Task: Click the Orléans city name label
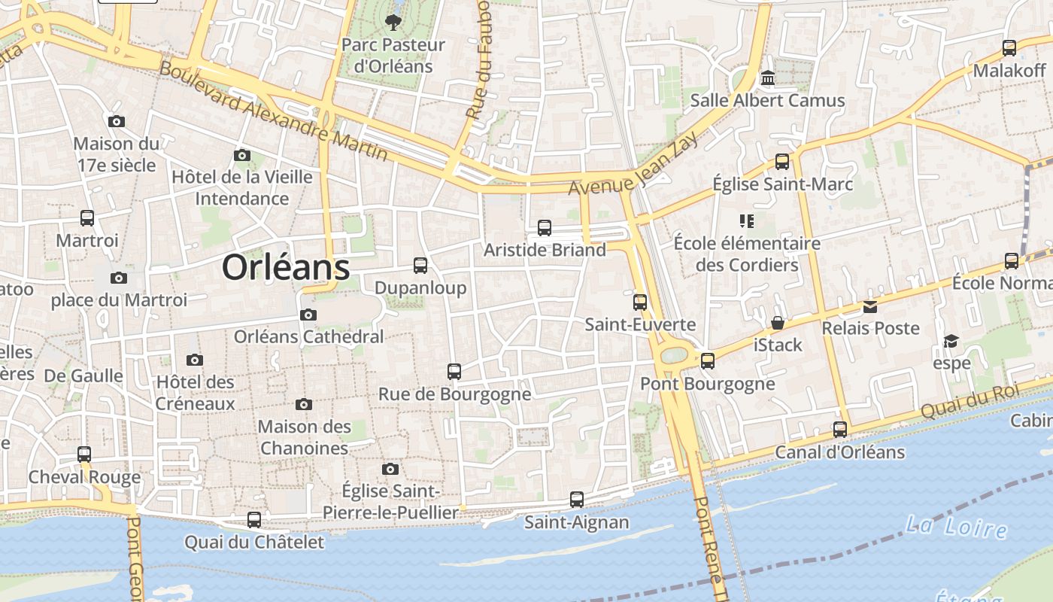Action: pyautogui.click(x=286, y=268)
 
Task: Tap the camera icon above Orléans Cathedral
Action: pyautogui.click(x=308, y=315)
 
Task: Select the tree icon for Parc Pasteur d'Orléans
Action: pyautogui.click(x=393, y=23)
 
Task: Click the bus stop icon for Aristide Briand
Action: pyautogui.click(x=545, y=227)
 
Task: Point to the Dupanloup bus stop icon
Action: pyautogui.click(x=420, y=265)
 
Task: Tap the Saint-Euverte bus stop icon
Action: pyautogui.click(x=640, y=302)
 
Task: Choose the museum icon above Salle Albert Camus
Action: pyautogui.click(x=768, y=78)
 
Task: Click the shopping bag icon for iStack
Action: pyautogui.click(x=778, y=323)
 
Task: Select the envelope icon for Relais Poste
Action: pyautogui.click(x=870, y=306)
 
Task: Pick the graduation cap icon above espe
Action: pyautogui.click(x=951, y=341)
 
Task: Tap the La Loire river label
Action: pyautogui.click(x=956, y=526)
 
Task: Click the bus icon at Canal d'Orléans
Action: pyautogui.click(x=840, y=430)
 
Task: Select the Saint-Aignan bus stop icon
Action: pyautogui.click(x=577, y=499)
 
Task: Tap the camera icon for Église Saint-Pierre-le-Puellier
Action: pyautogui.click(x=390, y=469)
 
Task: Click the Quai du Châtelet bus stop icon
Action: pyautogui.click(x=254, y=519)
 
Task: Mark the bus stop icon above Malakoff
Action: pyautogui.click(x=1009, y=48)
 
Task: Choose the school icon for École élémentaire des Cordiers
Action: pyautogui.click(x=747, y=220)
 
